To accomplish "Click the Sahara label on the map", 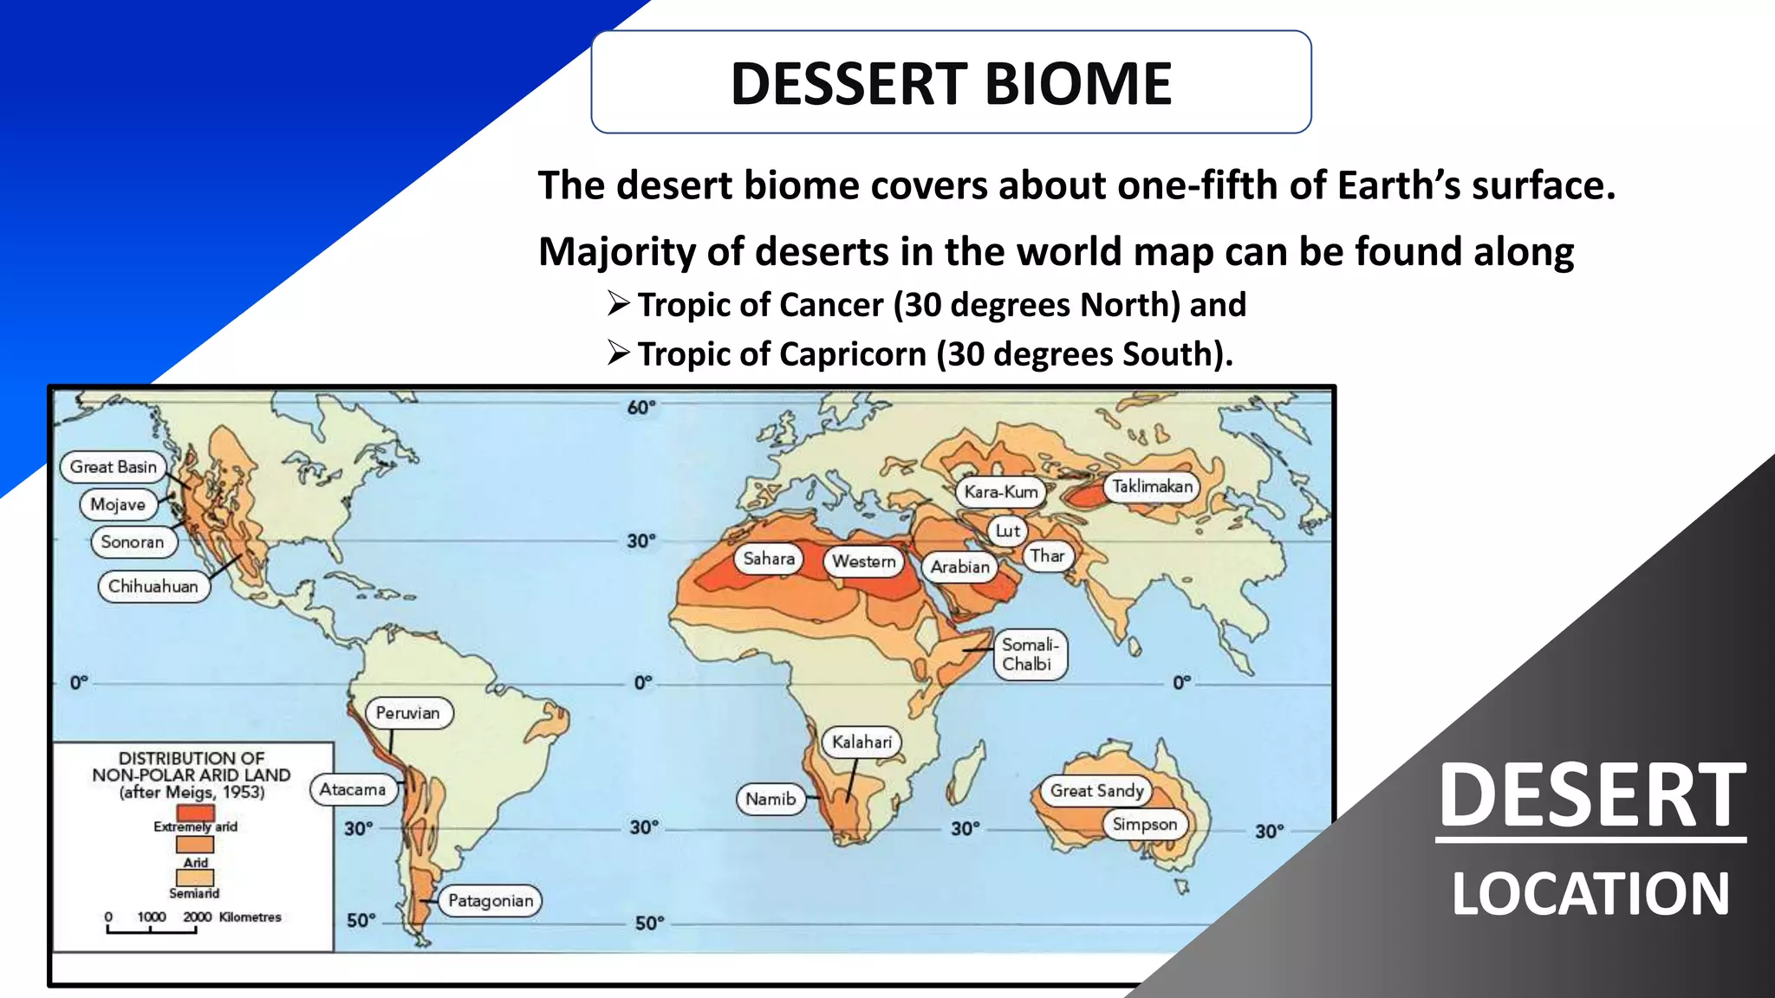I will pyautogui.click(x=769, y=559).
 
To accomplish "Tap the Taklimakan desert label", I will pyautogui.click(x=1152, y=487).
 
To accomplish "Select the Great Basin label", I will pyautogui.click(x=114, y=467).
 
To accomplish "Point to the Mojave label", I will pyautogui.click(x=118, y=504).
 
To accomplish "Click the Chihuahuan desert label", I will pyautogui.click(x=153, y=586).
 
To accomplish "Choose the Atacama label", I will pyautogui.click(x=353, y=789).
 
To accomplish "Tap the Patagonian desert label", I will pyautogui.click(x=491, y=901).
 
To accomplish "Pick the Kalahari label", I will pyautogui.click(x=861, y=742).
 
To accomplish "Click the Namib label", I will pyautogui.click(x=770, y=799).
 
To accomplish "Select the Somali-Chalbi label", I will pyautogui.click(x=1029, y=654).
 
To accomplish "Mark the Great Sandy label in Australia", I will pyautogui.click(x=1097, y=790).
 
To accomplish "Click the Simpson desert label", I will pyautogui.click(x=1145, y=824).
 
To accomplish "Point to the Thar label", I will pyautogui.click(x=1047, y=556).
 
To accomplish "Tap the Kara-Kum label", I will pyautogui.click(x=1001, y=492).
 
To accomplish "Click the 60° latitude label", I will pyautogui.click(x=641, y=407).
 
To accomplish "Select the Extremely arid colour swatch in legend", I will pyautogui.click(x=195, y=813).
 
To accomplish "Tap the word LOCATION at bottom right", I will pyautogui.click(x=1590, y=894).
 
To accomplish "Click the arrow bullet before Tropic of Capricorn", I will pyautogui.click(x=618, y=353).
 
